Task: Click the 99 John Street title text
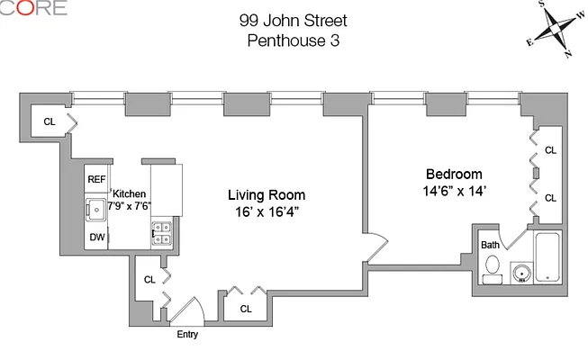click(x=294, y=21)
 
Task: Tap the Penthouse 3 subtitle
click(x=294, y=40)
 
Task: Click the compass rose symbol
click(x=556, y=29)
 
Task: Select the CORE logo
click(x=33, y=7)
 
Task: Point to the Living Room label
click(x=267, y=195)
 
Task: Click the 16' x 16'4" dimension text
click(x=267, y=212)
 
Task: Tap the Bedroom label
click(x=454, y=174)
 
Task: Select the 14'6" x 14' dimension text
click(x=455, y=191)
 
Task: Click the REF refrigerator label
click(x=96, y=180)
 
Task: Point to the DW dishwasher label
click(x=96, y=237)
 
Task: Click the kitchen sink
click(x=96, y=210)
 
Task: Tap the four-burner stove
click(x=162, y=234)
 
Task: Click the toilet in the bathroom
click(x=493, y=269)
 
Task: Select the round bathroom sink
click(x=521, y=273)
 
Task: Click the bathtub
click(x=547, y=257)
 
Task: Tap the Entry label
click(x=187, y=334)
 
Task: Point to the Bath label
click(x=490, y=245)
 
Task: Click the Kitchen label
click(x=129, y=193)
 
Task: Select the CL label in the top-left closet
click(x=50, y=121)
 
